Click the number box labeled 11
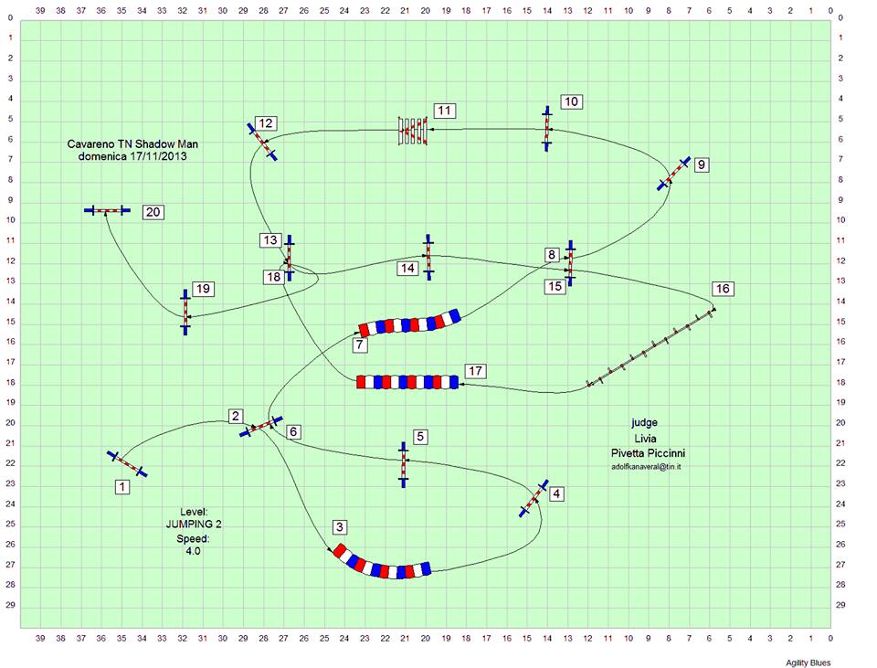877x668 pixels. pos(444,111)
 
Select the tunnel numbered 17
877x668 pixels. pos(407,382)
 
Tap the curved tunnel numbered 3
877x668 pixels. pos(383,564)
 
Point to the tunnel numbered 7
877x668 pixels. pos(409,323)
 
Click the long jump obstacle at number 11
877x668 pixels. pos(413,131)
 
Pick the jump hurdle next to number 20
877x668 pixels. pos(107,210)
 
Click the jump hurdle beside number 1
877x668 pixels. pos(127,464)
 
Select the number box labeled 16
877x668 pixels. pos(723,289)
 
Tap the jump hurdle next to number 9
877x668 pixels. pos(674,174)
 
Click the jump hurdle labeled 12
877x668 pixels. pos(262,142)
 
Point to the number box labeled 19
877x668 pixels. pos(203,289)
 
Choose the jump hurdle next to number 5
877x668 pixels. pos(403,464)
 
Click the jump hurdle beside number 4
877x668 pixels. pos(534,498)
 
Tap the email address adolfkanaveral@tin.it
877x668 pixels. pos(646,467)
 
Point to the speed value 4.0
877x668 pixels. pos(193,551)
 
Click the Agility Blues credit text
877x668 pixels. pos(808,663)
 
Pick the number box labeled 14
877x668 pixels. pos(407,268)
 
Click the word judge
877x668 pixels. pos(645,423)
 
